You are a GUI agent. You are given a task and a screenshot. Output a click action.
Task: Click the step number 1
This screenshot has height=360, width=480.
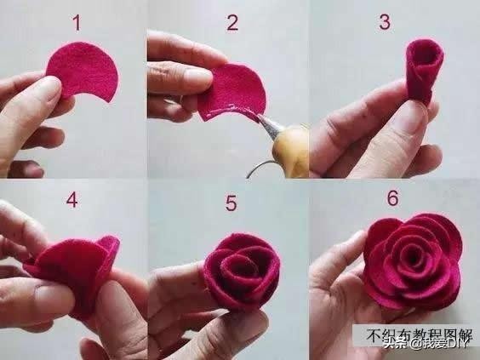(77, 23)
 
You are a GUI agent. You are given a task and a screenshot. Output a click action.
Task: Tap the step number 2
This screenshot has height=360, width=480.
(232, 23)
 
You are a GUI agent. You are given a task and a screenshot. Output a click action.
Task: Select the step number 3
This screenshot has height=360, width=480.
(385, 22)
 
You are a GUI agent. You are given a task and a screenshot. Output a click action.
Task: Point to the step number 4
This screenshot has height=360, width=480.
(72, 200)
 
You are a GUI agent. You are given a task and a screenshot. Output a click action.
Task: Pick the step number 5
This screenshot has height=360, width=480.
(231, 203)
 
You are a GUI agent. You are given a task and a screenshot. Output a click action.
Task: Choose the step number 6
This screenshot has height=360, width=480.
(392, 197)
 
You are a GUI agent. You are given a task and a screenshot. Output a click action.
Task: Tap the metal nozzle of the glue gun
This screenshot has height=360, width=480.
(270, 125)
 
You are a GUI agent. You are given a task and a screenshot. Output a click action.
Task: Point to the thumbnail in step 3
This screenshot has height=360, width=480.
(407, 123)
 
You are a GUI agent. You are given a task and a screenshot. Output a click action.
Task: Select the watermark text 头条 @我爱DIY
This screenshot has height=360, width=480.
(426, 344)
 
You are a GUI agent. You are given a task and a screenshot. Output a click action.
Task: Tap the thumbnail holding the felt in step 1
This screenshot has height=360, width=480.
(49, 88)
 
